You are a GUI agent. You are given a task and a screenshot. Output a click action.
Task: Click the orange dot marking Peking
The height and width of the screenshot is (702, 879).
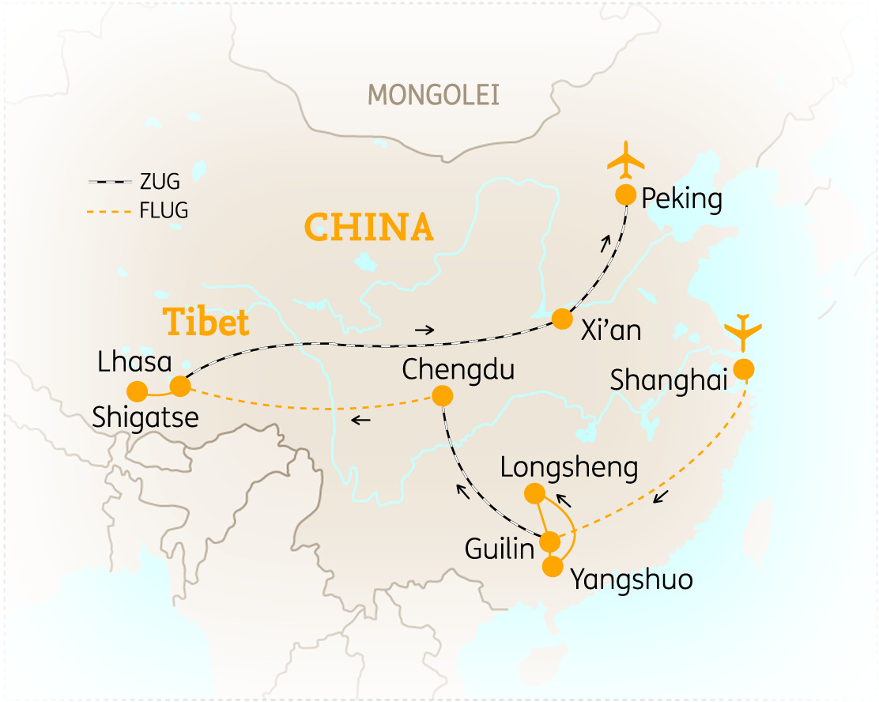625,194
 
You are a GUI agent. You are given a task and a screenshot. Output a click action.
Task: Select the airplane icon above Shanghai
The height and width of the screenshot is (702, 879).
743,332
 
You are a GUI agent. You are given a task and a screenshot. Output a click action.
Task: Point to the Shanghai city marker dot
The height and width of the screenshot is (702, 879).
743,369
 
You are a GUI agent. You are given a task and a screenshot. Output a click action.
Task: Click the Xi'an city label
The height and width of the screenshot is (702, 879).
610,330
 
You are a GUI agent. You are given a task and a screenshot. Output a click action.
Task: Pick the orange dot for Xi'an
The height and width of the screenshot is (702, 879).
561,319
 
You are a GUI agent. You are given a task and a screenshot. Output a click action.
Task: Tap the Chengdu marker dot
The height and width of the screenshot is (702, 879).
443,396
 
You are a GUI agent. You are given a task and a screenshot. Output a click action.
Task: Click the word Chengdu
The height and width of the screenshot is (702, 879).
458,369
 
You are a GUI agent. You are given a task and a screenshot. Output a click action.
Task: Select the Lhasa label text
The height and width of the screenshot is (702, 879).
134,363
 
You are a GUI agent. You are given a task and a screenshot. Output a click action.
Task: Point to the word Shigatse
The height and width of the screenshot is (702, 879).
145,417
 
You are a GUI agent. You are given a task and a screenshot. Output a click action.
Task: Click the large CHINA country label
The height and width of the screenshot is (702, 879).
369,228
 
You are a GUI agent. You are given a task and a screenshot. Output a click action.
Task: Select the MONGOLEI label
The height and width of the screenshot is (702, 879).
434,96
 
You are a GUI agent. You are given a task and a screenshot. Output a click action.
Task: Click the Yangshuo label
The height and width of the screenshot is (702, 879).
632,579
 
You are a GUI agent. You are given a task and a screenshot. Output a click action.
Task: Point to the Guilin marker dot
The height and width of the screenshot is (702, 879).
549,542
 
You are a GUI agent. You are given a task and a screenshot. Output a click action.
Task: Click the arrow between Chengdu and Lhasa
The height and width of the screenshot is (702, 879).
360,420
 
